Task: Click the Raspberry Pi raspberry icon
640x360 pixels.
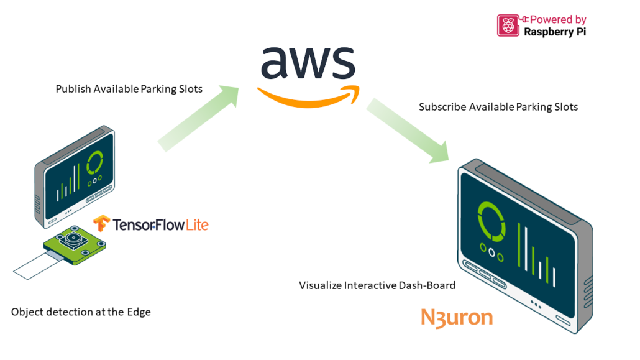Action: coord(508,25)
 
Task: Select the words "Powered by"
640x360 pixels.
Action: coord(558,19)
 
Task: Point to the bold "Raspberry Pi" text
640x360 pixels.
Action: coord(555,31)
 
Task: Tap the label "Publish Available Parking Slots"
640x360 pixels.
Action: coord(129,89)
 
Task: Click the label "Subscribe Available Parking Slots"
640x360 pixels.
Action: coord(498,107)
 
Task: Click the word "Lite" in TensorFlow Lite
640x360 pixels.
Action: coord(197,224)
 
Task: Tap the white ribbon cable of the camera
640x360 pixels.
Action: coord(37,265)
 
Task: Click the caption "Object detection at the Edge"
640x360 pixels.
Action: coord(81,312)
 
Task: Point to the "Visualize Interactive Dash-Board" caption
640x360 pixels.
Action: coord(377,285)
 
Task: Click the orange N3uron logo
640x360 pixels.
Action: coord(457,318)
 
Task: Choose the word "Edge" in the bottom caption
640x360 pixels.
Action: coord(138,312)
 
